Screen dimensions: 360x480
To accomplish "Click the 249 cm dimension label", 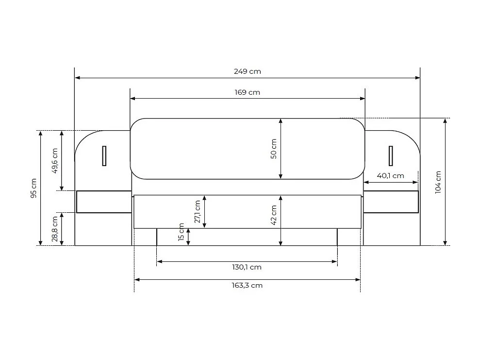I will pos(247,71).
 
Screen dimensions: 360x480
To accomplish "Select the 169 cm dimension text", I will pos(247,92).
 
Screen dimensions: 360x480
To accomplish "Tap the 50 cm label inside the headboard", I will pos(274,149).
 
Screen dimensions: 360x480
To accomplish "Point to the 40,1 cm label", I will pos(391,176).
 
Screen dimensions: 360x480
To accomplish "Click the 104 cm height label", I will pos(438,183).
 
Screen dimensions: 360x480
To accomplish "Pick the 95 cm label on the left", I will pos(33,189).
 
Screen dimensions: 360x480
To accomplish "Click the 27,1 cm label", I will pos(197,212).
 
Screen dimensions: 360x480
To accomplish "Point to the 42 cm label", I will pos(274,215).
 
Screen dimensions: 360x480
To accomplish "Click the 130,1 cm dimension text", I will pos(247,267).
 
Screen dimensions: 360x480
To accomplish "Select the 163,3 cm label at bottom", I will pos(247,286).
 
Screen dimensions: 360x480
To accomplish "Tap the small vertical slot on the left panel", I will pos(104,156).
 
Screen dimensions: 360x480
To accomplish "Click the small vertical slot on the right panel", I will pos(390,156).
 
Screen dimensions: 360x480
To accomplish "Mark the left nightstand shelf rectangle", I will pos(104,202).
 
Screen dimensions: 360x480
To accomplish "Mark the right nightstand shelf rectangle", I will pos(391,202).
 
